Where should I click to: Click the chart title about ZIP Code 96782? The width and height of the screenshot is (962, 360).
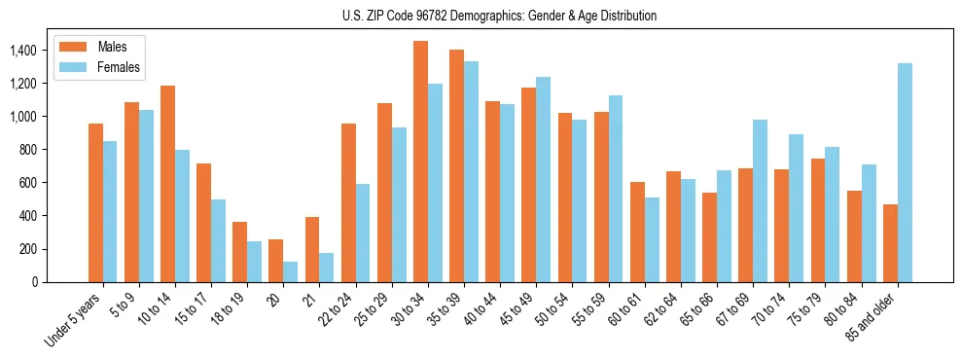click(x=500, y=17)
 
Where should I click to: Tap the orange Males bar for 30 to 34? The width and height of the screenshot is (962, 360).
click(x=420, y=162)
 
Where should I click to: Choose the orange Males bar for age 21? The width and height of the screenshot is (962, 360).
click(x=312, y=249)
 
